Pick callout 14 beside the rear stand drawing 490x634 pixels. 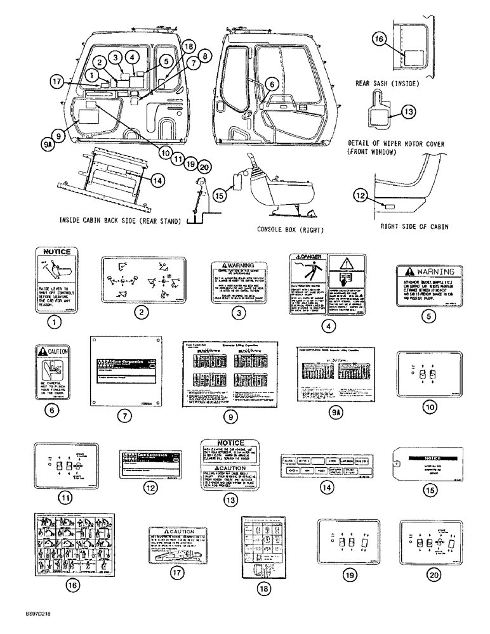[157, 179]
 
